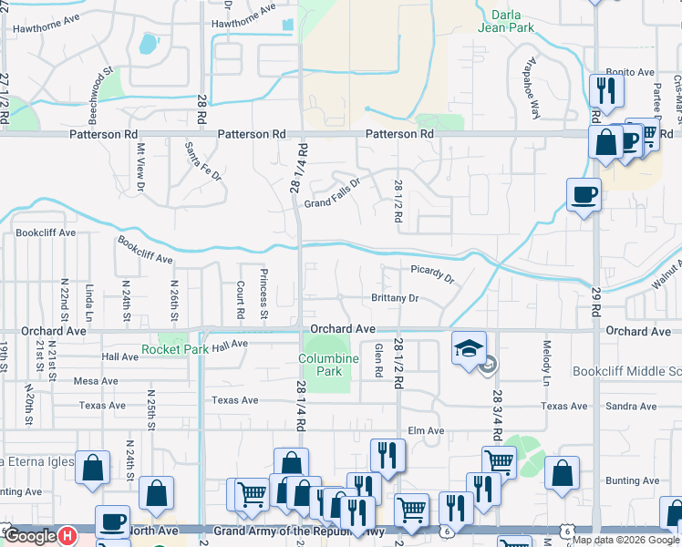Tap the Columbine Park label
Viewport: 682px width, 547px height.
[325, 365]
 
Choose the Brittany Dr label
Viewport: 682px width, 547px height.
[395, 298]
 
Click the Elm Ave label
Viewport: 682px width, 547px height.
[425, 430]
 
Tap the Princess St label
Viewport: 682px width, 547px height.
[263, 294]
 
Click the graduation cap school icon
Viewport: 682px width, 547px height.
[469, 349]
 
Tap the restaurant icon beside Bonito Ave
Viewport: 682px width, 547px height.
[604, 89]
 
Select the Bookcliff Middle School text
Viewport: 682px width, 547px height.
[626, 372]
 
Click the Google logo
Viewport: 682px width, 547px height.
[30, 536]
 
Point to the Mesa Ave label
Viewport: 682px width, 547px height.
[97, 381]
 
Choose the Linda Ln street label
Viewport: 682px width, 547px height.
[89, 302]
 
